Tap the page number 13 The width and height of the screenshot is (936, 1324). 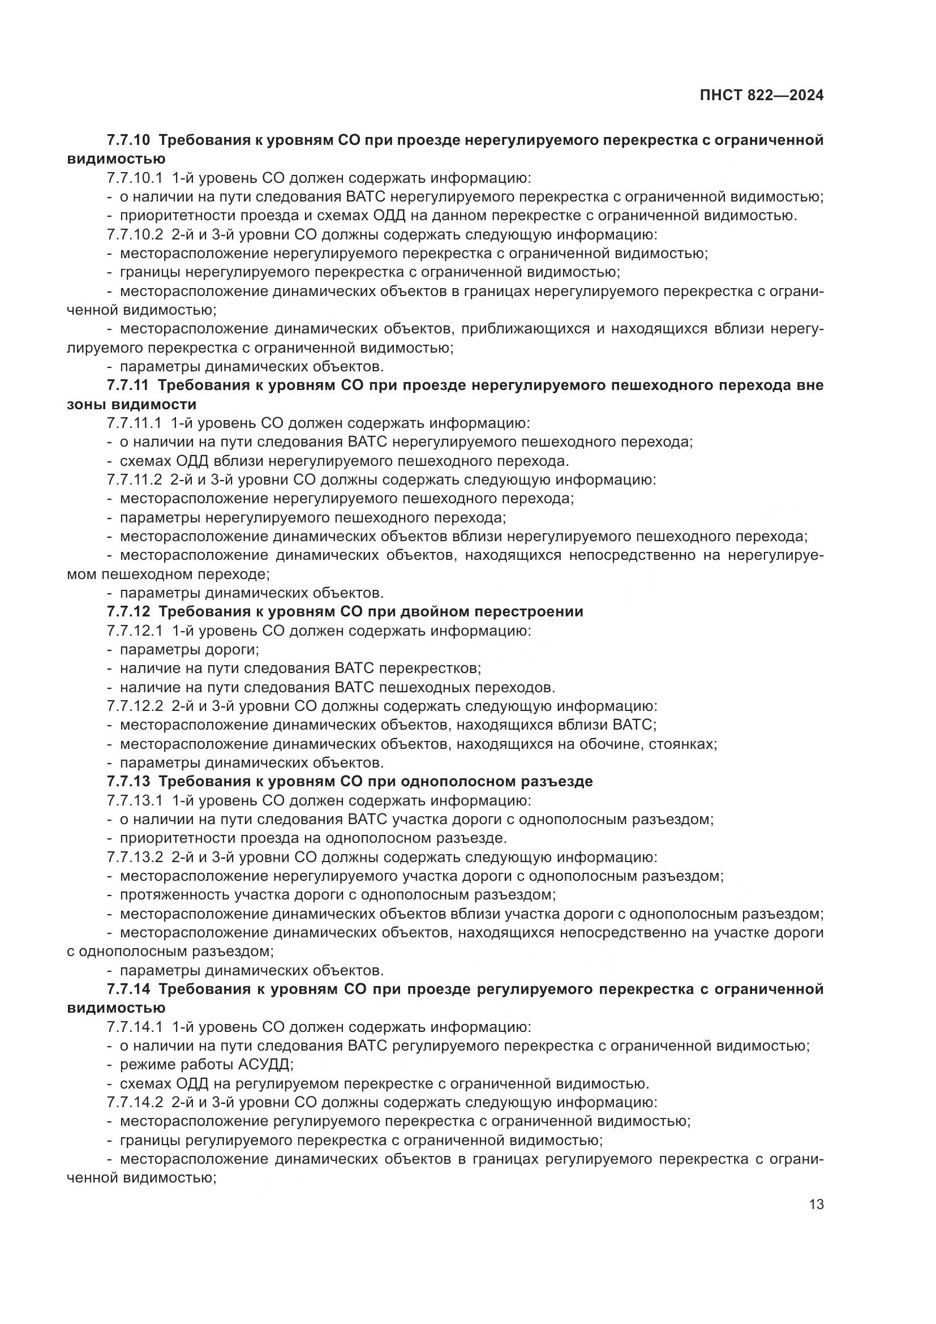pos(816,1205)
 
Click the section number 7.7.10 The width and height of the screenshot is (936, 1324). pos(128,140)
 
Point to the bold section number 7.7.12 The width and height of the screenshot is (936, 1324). pos(128,612)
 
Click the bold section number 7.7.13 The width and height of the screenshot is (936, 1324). pos(128,782)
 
